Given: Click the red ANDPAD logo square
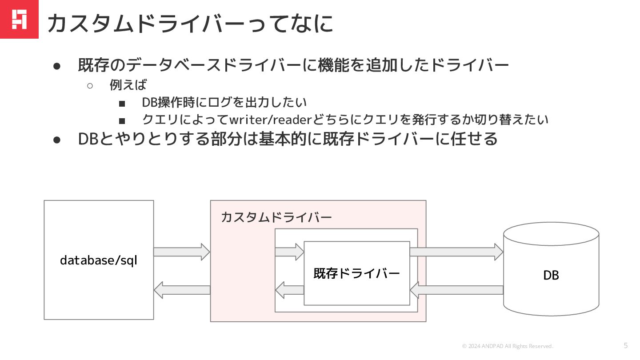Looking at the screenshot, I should tap(19, 19).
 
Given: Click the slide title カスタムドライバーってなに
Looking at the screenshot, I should tap(190, 23).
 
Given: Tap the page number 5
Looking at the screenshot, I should tap(626, 345).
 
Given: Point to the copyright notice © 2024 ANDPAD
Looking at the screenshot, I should tap(508, 346).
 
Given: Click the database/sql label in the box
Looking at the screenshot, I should tap(99, 260).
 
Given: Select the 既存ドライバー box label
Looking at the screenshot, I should tap(356, 273).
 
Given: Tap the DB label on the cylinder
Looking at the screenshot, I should tap(551, 276).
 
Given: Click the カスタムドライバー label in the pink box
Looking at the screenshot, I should tap(276, 218).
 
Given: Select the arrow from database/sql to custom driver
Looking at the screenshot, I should tap(181, 252).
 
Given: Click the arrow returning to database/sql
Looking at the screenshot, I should tap(181, 290).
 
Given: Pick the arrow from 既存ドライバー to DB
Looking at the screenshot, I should tap(456, 252).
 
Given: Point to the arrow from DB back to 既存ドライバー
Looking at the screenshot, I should tap(456, 290).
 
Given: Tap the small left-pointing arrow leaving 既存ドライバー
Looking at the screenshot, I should tap(289, 290).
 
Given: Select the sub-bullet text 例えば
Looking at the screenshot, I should tap(128, 84).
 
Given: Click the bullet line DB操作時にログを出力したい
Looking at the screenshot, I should tap(224, 102).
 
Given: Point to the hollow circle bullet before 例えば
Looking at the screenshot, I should tap(90, 85).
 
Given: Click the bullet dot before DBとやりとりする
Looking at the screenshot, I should tap(56, 140).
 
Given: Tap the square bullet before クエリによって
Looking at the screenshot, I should tap(122, 120).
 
